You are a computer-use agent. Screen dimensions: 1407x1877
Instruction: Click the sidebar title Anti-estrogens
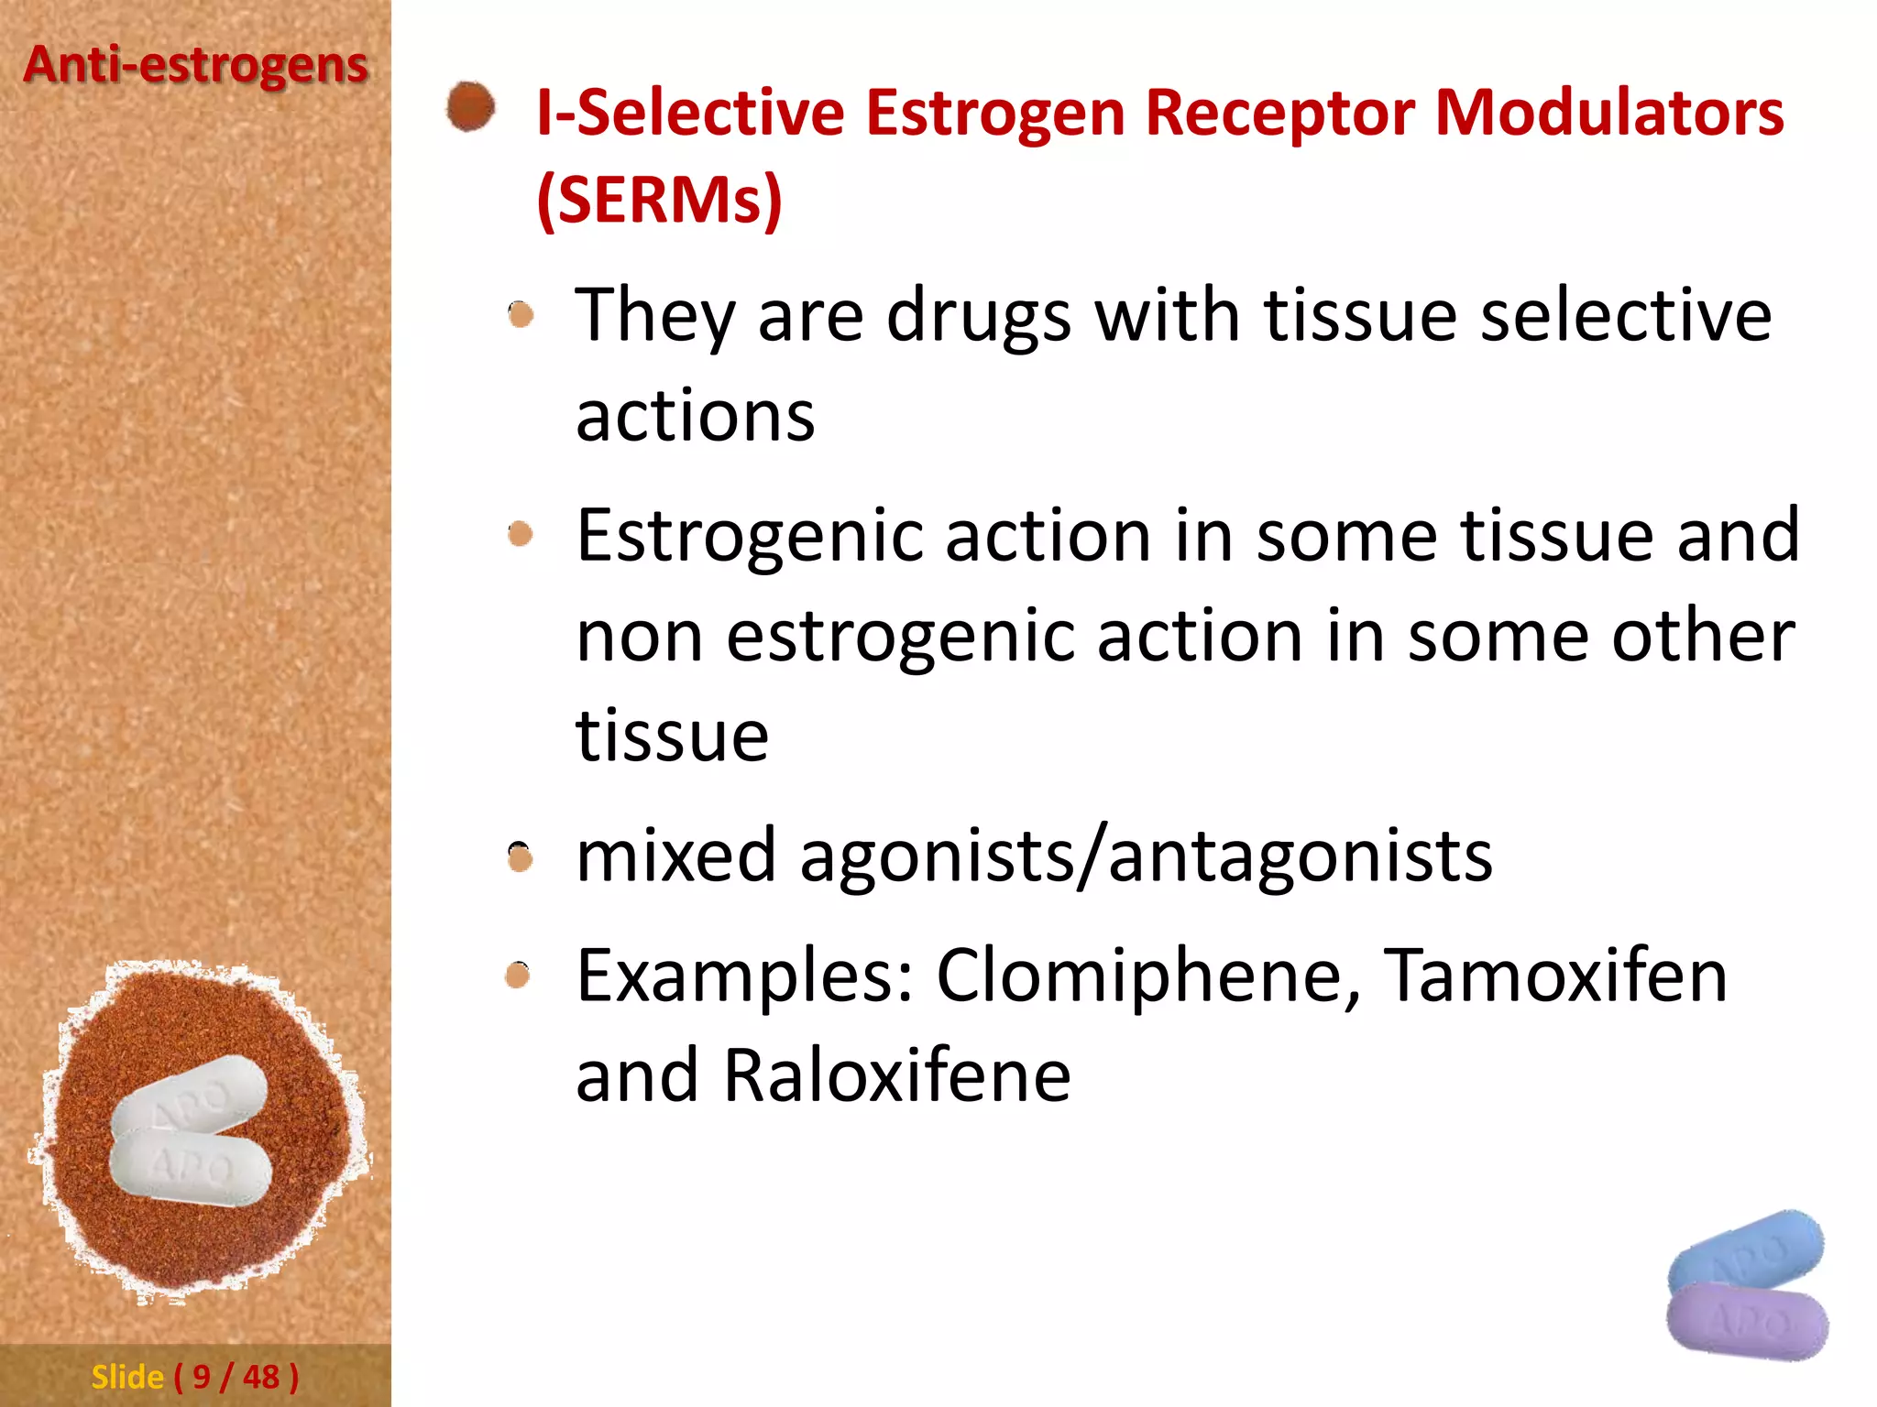pos(195,66)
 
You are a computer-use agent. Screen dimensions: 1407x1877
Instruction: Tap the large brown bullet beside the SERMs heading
pos(470,107)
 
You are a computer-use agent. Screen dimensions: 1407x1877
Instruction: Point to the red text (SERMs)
pos(659,200)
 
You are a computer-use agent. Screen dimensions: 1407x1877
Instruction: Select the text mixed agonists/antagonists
pos(1034,856)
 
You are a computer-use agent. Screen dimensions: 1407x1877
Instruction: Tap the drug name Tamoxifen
pos(1554,976)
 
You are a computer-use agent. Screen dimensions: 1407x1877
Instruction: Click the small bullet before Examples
pos(519,976)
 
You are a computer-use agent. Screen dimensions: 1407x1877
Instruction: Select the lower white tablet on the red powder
pos(191,1168)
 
